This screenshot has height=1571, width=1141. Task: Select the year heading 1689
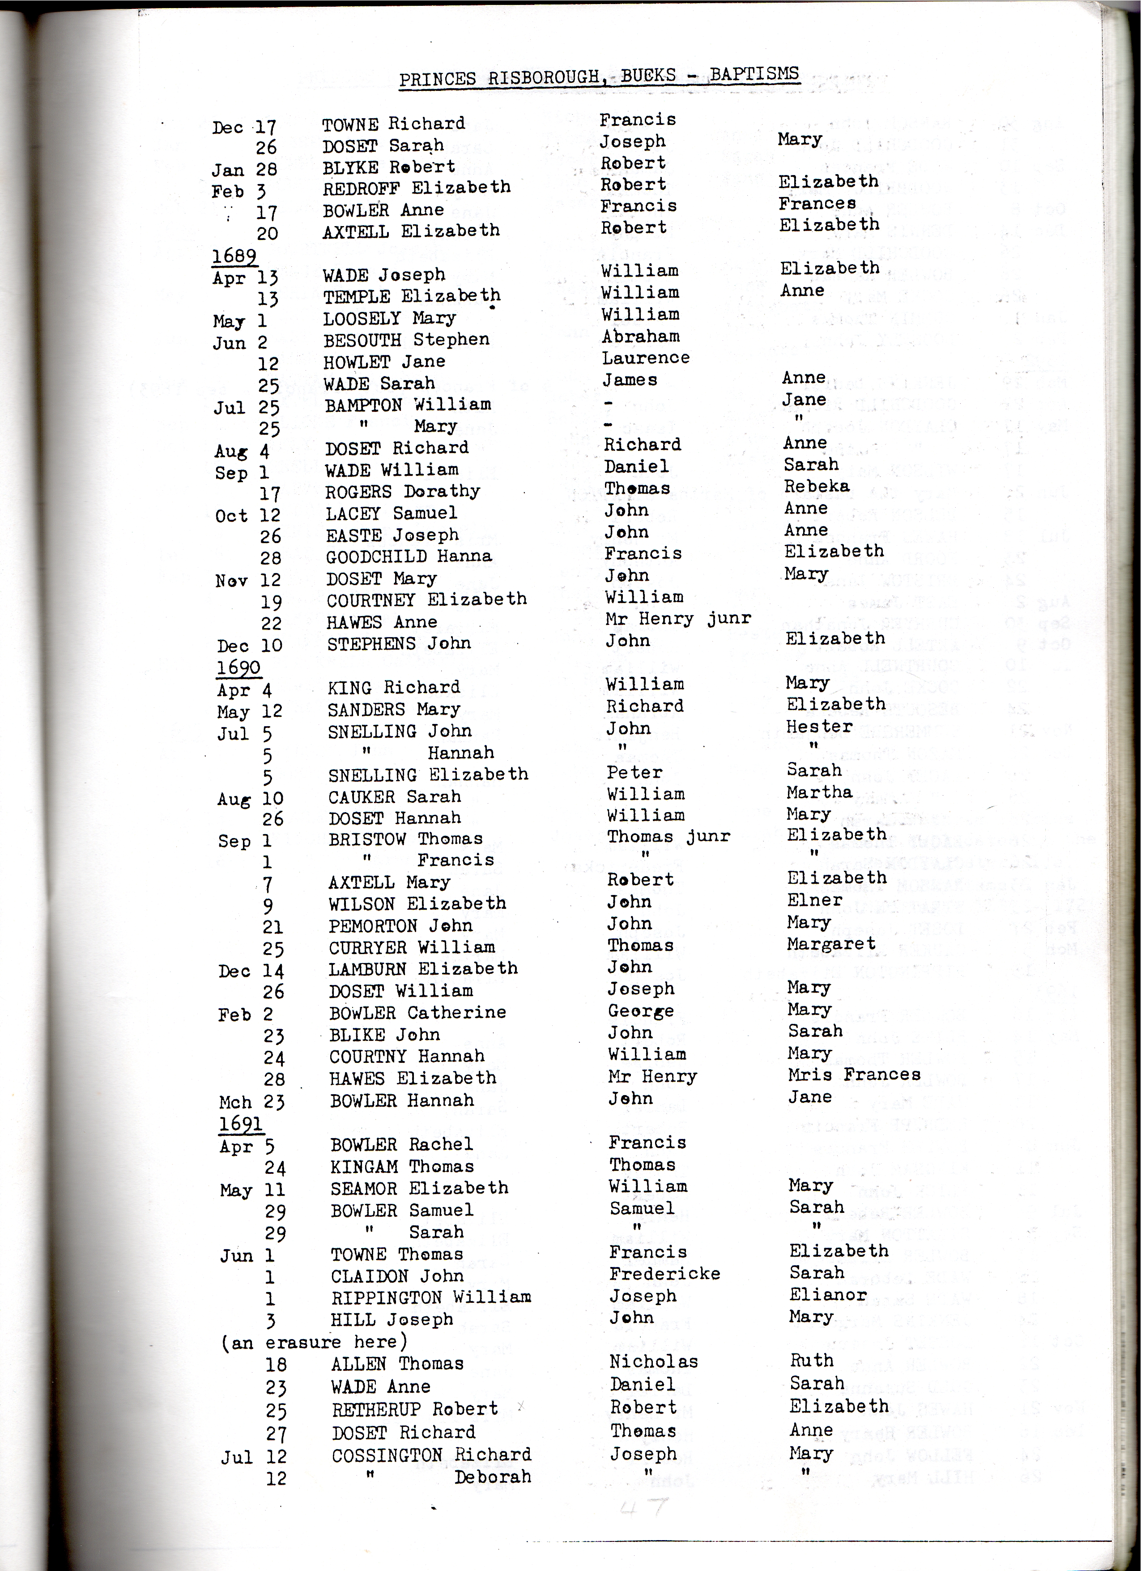pos(234,256)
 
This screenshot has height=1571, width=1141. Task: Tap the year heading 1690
pos(238,667)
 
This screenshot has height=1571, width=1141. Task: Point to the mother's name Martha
pos(819,791)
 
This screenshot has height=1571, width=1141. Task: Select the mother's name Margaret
pos(831,943)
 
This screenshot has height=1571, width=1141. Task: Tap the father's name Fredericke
pos(664,1273)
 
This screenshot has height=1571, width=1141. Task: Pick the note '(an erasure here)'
pos(314,1342)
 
